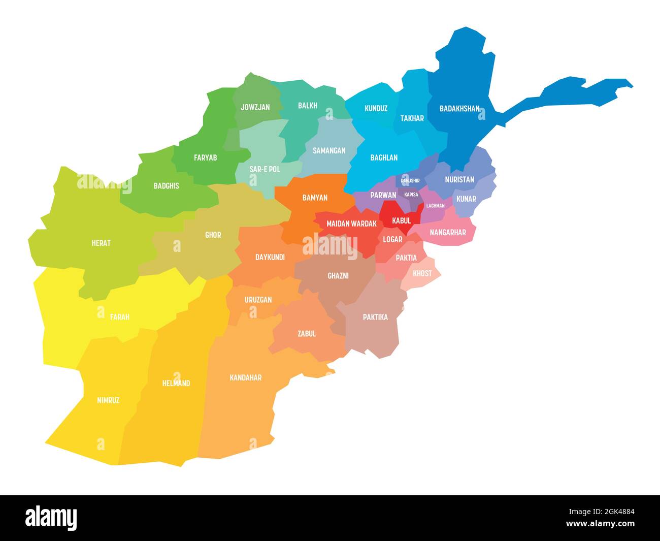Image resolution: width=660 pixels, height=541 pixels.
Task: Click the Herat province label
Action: [101, 243]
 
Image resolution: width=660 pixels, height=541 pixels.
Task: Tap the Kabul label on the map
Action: [401, 221]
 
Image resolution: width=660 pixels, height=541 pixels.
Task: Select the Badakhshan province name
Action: [459, 108]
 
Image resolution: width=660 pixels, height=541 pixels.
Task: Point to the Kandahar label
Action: [246, 377]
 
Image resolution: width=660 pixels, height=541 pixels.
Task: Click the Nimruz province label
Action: [108, 400]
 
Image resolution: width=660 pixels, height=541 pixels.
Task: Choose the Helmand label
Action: [176, 383]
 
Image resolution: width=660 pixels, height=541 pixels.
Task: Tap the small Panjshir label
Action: [410, 180]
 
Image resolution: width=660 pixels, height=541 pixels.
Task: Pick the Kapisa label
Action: [411, 195]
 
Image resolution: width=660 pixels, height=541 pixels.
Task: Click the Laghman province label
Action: [435, 206]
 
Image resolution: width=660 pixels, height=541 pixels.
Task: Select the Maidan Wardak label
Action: [351, 224]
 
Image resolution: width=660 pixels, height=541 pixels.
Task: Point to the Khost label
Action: [422, 273]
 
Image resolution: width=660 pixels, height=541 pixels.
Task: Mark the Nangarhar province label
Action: [448, 233]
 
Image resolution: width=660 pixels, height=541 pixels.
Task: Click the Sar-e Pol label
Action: [265, 169]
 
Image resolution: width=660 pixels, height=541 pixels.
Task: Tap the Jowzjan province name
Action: [255, 107]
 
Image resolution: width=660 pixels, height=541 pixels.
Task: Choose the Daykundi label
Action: [270, 257]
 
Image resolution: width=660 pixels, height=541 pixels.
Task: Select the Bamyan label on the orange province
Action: [315, 198]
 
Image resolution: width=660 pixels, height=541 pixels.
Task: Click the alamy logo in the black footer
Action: [51, 518]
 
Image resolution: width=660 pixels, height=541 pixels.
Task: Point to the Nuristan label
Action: [459, 179]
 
